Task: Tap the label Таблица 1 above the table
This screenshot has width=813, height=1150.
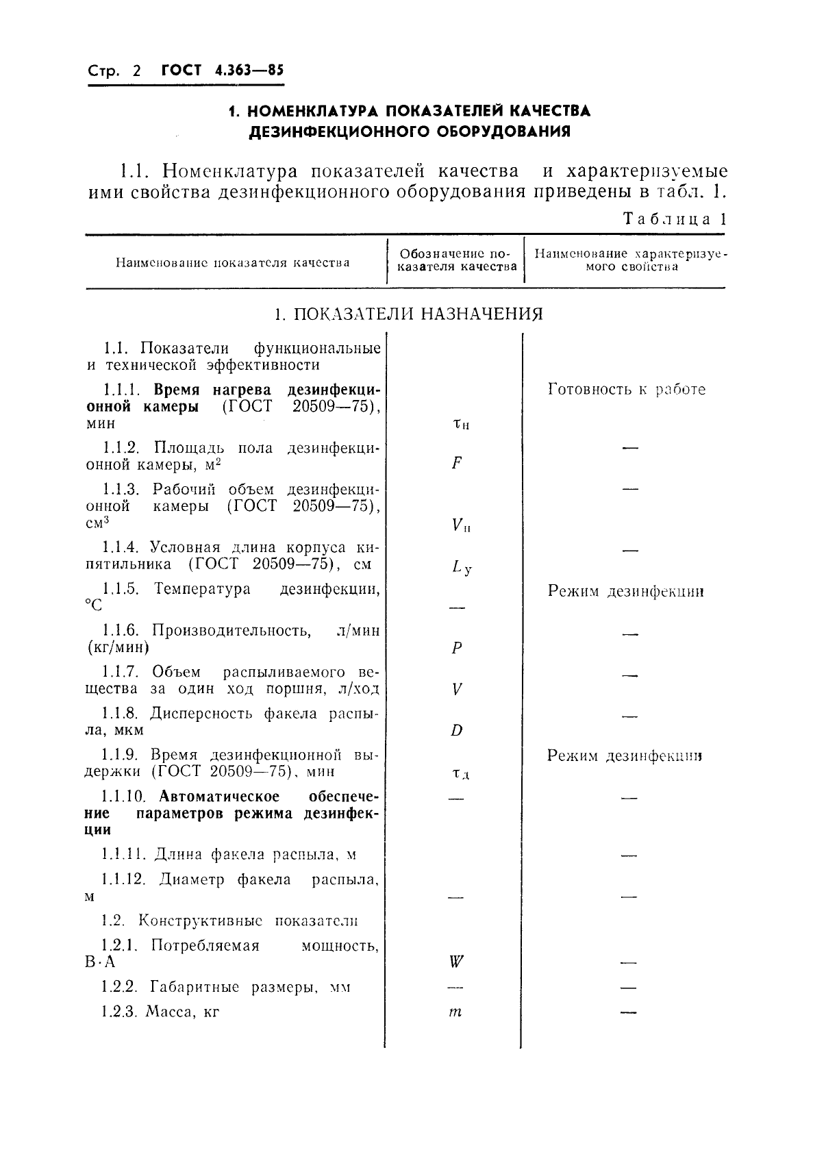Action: pyautogui.click(x=674, y=220)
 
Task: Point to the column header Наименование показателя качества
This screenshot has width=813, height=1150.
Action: pyautogui.click(x=233, y=262)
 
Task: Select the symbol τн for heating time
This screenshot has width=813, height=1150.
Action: pyautogui.click(x=461, y=424)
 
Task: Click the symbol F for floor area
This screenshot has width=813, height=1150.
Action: pyautogui.click(x=457, y=464)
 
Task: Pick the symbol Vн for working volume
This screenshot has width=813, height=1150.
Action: pyautogui.click(x=461, y=525)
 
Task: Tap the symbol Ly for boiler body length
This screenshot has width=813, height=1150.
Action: pyautogui.click(x=461, y=566)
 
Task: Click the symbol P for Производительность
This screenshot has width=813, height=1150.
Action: pyautogui.click(x=457, y=648)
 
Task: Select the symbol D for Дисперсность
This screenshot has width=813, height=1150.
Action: pyautogui.click(x=457, y=730)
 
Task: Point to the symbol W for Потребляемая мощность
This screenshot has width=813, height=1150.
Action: pyautogui.click(x=457, y=962)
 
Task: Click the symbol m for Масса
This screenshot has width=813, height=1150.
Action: pyautogui.click(x=455, y=1012)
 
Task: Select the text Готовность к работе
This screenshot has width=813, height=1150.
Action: pyautogui.click(x=626, y=390)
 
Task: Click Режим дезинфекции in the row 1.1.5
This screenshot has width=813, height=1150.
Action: pyautogui.click(x=625, y=591)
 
